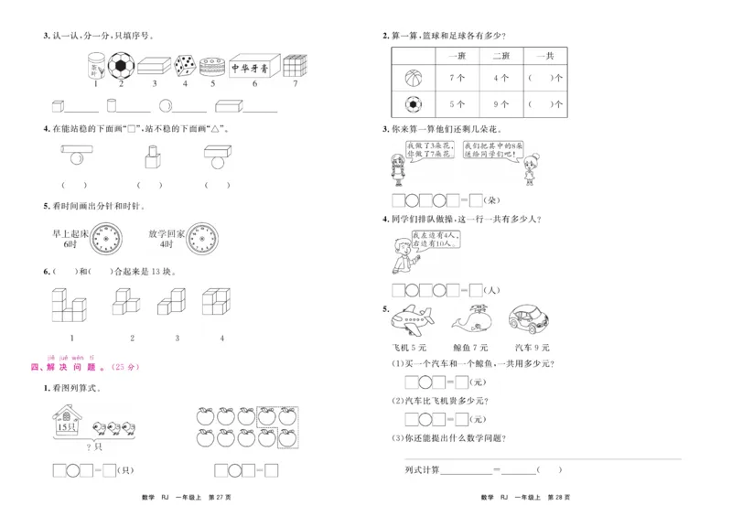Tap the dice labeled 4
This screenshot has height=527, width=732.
[x=184, y=66]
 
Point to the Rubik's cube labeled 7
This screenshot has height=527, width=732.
[x=293, y=67]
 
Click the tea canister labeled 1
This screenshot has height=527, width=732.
[x=94, y=67]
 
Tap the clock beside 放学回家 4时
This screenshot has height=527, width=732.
[x=205, y=239]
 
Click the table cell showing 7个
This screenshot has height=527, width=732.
[x=457, y=78]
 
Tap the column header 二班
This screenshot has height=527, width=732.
[x=501, y=55]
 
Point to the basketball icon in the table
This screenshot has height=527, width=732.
[x=414, y=79]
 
